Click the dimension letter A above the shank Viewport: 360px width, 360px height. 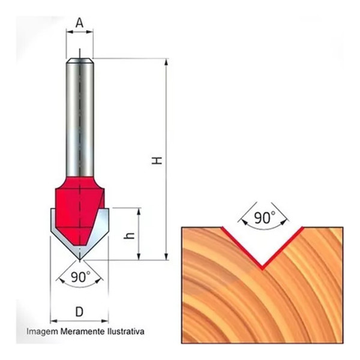click(79, 23)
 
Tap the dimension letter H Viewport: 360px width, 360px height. click(157, 160)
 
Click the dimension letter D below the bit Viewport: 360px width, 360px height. click(79, 312)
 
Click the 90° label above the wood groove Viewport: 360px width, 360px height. click(263, 218)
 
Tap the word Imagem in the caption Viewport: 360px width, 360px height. click(40, 331)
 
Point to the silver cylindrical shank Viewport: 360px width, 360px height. click(79, 114)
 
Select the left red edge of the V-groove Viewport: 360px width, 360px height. click(242, 247)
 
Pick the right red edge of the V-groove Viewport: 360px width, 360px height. click(283, 247)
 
